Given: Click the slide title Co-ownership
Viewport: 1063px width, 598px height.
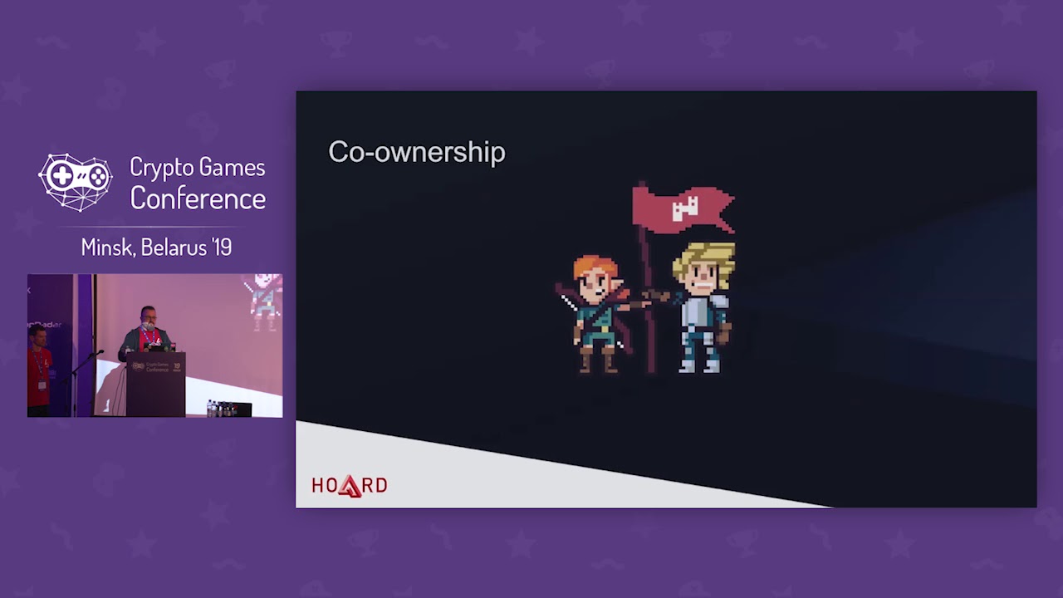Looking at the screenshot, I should [416, 152].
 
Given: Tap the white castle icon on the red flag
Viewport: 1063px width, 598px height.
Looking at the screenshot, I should [685, 208].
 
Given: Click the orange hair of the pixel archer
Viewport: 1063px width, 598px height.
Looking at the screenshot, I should [593, 268].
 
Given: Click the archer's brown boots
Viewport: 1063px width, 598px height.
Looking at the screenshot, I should [598, 360].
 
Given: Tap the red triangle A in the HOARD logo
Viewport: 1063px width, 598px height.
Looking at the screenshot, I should [350, 486].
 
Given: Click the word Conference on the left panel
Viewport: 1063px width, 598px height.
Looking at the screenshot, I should [198, 199].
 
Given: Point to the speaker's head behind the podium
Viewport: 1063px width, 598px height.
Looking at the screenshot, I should [148, 316].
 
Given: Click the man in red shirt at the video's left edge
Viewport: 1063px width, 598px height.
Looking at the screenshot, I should [38, 370].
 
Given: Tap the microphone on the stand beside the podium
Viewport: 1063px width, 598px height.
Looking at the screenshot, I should [99, 353].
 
